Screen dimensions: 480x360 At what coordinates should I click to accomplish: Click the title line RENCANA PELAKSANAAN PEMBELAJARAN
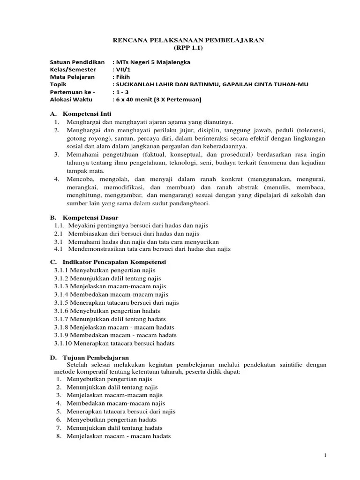click(x=189, y=41)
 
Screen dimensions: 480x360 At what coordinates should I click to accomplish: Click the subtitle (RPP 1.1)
click(x=189, y=48)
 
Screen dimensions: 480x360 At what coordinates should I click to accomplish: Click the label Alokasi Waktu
click(x=71, y=99)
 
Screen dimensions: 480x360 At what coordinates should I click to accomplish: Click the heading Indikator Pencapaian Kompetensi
click(x=114, y=262)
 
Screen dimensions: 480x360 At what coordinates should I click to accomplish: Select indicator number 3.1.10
click(x=62, y=343)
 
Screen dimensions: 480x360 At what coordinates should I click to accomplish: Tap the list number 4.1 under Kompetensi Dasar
click(x=59, y=248)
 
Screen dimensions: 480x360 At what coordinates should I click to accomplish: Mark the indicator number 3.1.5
click(x=61, y=303)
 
